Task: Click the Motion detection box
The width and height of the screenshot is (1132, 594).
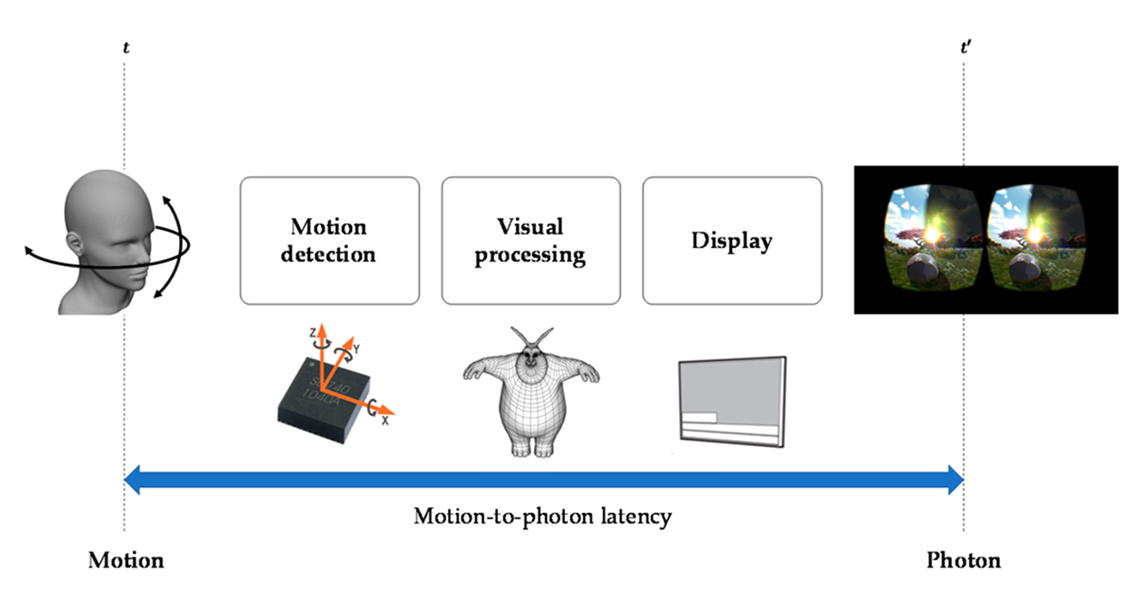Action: [x=329, y=240]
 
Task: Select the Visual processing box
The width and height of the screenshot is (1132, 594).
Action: [x=530, y=240]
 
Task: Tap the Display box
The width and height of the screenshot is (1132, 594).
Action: [x=732, y=240]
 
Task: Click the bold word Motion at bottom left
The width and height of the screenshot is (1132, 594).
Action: [x=125, y=561]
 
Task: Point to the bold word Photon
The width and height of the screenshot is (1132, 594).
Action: [x=963, y=561]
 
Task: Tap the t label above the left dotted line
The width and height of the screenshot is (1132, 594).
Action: [x=125, y=44]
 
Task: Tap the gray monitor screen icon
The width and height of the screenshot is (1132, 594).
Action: [x=732, y=401]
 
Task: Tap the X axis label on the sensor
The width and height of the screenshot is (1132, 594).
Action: [x=385, y=421]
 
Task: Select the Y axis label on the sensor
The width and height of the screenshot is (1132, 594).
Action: [x=357, y=346]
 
